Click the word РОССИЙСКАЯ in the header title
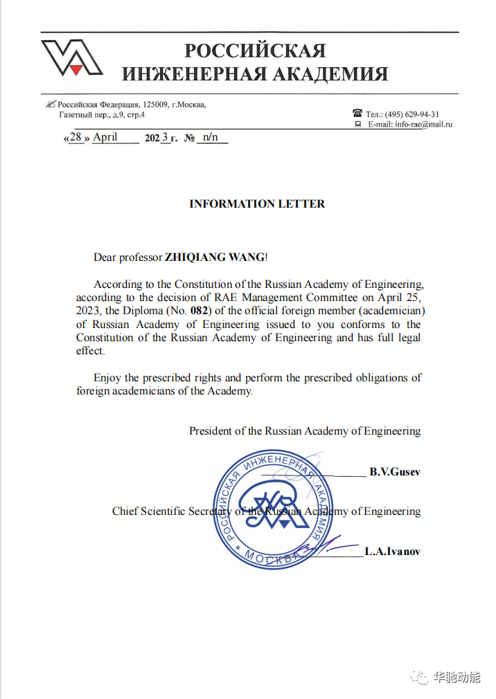(x=254, y=51)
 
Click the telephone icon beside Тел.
(x=357, y=114)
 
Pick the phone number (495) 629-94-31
(x=412, y=114)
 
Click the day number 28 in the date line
(x=76, y=137)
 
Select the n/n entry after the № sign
(x=211, y=137)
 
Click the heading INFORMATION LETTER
(x=257, y=204)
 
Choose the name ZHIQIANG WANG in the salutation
(x=215, y=257)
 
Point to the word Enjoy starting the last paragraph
(x=108, y=378)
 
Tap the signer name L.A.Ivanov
(x=393, y=552)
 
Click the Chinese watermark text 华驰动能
(x=457, y=678)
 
